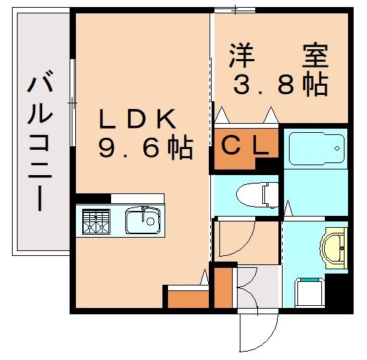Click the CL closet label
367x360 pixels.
click(x=245, y=146)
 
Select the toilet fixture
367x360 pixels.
click(x=253, y=193)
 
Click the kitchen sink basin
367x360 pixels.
click(x=144, y=221)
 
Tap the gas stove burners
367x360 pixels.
click(x=96, y=221)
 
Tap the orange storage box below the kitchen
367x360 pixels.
click(x=186, y=297)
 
